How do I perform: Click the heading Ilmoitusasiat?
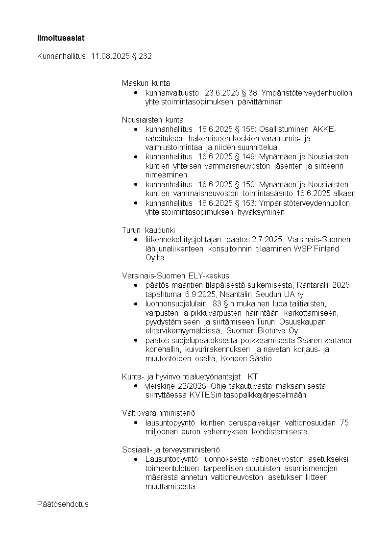(x=57, y=37)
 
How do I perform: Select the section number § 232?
(x=142, y=56)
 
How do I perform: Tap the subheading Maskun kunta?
(x=146, y=83)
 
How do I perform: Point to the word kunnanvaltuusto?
(x=172, y=93)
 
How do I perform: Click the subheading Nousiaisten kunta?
(x=153, y=120)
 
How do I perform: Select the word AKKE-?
(x=324, y=129)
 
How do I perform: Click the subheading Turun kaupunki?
(x=148, y=230)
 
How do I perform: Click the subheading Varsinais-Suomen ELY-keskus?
(x=175, y=275)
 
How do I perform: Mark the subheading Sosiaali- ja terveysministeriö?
(x=171, y=450)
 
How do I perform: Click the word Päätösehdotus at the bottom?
(x=63, y=504)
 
